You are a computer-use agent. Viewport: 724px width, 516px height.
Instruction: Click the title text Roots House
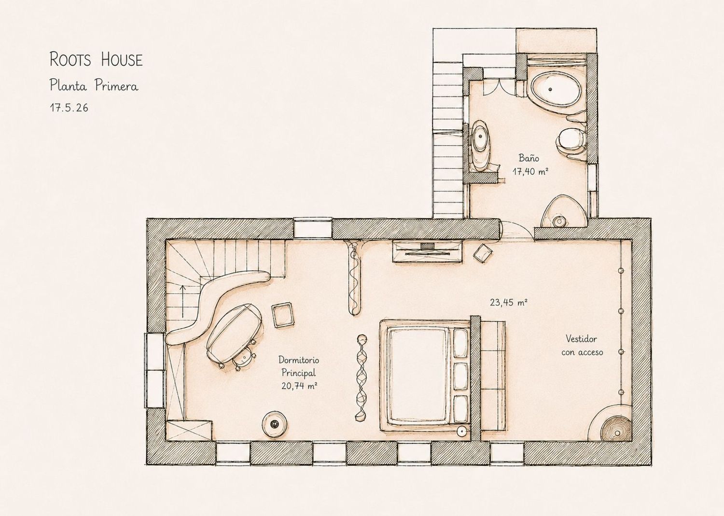(x=96, y=59)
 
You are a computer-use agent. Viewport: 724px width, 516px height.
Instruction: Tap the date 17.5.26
(x=69, y=107)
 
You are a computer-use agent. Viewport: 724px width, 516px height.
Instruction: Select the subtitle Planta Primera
(x=94, y=85)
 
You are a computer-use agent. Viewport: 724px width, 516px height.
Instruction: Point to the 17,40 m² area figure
(x=530, y=171)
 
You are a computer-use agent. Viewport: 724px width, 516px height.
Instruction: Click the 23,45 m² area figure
(x=509, y=302)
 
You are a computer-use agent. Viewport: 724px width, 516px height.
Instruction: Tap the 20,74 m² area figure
(x=299, y=385)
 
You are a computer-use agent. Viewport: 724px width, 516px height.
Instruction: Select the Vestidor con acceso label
(x=582, y=345)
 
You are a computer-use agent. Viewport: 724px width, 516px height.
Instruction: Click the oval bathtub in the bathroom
(x=555, y=89)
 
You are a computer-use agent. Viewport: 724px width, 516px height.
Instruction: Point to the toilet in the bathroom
(x=571, y=142)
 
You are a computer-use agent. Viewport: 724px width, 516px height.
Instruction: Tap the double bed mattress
(x=418, y=376)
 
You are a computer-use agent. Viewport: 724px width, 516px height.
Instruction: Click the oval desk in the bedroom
(x=234, y=333)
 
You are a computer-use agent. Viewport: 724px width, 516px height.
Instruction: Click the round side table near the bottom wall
(x=275, y=424)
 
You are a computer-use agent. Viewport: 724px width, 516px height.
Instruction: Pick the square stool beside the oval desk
(x=283, y=315)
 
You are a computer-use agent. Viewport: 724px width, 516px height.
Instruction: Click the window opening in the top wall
(x=313, y=229)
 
